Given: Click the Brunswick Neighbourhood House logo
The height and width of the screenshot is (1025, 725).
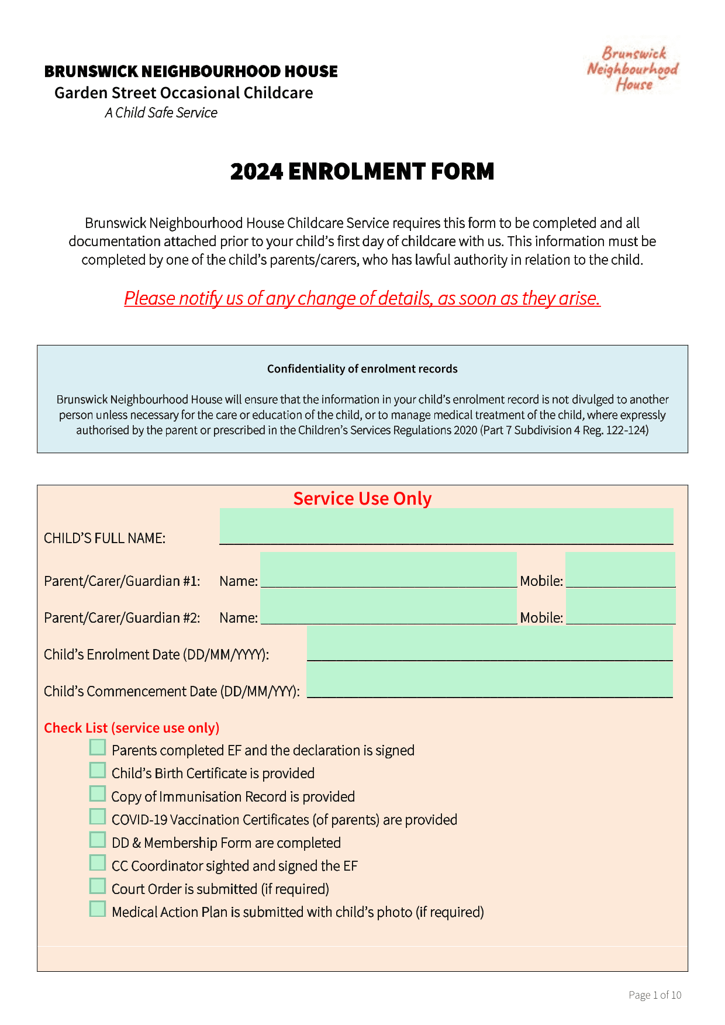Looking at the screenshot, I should pyautogui.click(x=633, y=69).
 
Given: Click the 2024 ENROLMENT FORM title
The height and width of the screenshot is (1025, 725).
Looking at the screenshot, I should pyautogui.click(x=362, y=171).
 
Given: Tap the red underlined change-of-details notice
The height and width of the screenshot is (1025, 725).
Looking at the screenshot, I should pyautogui.click(x=362, y=298).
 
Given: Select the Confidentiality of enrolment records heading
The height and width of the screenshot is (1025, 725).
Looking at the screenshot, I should pyautogui.click(x=362, y=369).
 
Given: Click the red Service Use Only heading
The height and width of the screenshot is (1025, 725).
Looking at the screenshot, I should pyautogui.click(x=362, y=498).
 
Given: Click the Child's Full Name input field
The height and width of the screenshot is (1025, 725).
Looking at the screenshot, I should pyautogui.click(x=446, y=526).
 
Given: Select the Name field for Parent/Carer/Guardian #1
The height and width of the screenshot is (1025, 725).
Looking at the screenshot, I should pyautogui.click(x=388, y=570).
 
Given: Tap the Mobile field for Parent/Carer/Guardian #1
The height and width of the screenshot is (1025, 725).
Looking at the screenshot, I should pyautogui.click(x=620, y=570).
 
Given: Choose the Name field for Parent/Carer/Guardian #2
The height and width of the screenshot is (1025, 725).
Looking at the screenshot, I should pyautogui.click(x=388, y=606).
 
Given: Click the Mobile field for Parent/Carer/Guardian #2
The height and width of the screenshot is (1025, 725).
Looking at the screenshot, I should pyautogui.click(x=620, y=606).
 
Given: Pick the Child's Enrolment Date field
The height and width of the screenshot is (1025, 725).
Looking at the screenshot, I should pyautogui.click(x=489, y=643).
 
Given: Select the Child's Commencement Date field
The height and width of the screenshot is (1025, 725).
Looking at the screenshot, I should pyautogui.click(x=489, y=680).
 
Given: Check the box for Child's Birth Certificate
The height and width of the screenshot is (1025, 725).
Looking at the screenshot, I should pyautogui.click(x=98, y=771).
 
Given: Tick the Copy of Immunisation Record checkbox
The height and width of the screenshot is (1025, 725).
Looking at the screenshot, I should pyautogui.click(x=98, y=793).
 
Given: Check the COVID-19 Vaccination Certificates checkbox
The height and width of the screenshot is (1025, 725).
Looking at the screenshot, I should pyautogui.click(x=98, y=817).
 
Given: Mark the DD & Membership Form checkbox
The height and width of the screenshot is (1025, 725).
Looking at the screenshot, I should pyautogui.click(x=98, y=840).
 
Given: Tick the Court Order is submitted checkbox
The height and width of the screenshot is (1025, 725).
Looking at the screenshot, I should pyautogui.click(x=98, y=886).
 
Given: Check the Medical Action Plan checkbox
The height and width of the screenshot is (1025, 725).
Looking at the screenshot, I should pyautogui.click(x=98, y=909).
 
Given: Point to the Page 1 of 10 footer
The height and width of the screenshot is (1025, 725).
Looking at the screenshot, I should pyautogui.click(x=655, y=995).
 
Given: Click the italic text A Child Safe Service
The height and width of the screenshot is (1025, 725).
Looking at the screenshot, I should pyautogui.click(x=161, y=113).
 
